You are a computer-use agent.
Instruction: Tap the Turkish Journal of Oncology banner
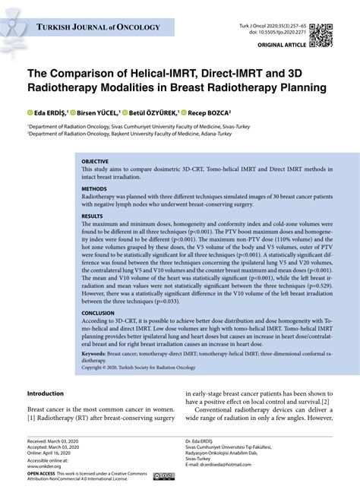99,28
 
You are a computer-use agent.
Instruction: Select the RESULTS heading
93,216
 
